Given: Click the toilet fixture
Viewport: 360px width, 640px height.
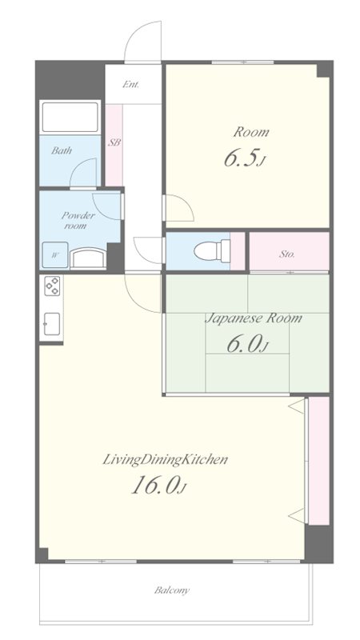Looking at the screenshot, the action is [x=212, y=250].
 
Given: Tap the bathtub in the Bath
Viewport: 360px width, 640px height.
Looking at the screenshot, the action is [x=70, y=117].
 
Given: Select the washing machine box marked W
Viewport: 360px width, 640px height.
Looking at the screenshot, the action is [x=54, y=255].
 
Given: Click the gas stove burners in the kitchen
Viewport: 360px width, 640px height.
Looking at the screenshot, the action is [x=52, y=286].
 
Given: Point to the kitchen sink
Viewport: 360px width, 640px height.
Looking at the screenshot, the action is [x=52, y=324].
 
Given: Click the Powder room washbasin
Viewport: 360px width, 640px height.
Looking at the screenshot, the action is [x=88, y=259].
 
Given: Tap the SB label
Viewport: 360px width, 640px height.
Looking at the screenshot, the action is [x=114, y=143].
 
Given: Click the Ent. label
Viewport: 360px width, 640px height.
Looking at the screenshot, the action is [x=131, y=85].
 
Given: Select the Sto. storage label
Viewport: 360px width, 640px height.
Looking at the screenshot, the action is [x=287, y=254].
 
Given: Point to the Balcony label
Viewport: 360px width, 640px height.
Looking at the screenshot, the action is [x=172, y=590].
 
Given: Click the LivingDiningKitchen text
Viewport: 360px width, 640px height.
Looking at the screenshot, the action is [x=165, y=460].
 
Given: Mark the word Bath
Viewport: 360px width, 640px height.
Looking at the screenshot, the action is [x=62, y=150].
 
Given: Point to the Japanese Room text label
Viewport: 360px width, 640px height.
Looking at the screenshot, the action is [x=253, y=318].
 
